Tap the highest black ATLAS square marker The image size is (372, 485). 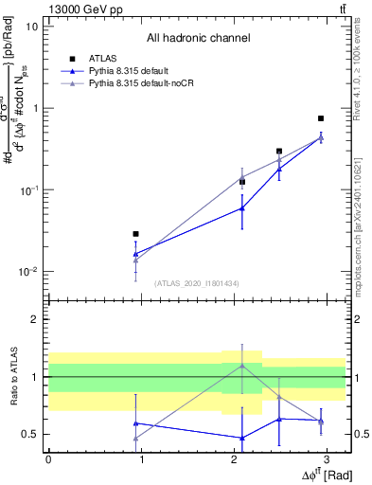(321, 118)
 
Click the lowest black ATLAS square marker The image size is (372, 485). (136, 233)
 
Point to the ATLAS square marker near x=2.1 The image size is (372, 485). (242, 181)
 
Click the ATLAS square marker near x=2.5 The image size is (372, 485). (279, 151)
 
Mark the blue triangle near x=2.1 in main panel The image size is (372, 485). (242, 208)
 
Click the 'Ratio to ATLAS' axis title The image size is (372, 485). (13, 377)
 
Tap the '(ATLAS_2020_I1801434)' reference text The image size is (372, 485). (198, 283)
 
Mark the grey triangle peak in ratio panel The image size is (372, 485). (242, 365)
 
